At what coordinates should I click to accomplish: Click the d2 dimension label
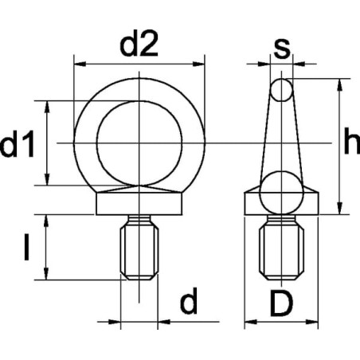pyautogui.click(x=139, y=43)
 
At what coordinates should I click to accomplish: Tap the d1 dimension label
pyautogui.click(x=18, y=143)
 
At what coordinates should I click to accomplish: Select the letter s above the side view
pyautogui.click(x=282, y=49)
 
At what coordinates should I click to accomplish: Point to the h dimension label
pyautogui.click(x=352, y=141)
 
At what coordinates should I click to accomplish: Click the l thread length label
pyautogui.click(x=26, y=247)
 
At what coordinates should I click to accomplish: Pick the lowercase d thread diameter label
pyautogui.click(x=189, y=300)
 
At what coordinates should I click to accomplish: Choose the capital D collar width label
pyautogui.click(x=281, y=303)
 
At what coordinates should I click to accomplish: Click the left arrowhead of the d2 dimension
pyautogui.click(x=80, y=64)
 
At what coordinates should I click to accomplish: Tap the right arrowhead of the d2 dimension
pyautogui.click(x=199, y=64)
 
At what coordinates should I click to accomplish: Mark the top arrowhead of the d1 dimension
pyautogui.click(x=47, y=107)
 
